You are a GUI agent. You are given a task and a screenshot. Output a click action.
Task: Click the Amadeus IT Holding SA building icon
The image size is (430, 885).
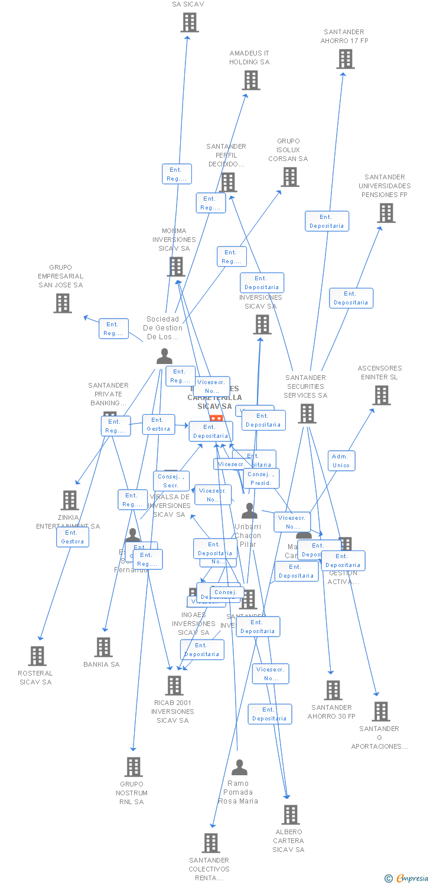click(x=251, y=80)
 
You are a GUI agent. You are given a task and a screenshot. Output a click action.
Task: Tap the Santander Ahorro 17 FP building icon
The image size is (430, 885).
click(x=346, y=59)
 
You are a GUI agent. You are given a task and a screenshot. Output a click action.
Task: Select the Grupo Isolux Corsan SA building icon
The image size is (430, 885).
click(x=289, y=176)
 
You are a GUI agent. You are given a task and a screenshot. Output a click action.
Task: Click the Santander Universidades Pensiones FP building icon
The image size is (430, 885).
click(x=386, y=213)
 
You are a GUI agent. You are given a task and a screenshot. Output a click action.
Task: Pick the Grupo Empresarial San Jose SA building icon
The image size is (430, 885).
click(x=63, y=303)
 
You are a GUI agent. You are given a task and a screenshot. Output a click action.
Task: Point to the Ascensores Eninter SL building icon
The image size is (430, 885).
click(x=382, y=395)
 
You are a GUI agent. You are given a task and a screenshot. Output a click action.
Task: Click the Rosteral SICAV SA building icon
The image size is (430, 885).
click(x=37, y=655)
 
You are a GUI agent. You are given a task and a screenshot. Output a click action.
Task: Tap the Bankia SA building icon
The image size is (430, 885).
click(x=103, y=647)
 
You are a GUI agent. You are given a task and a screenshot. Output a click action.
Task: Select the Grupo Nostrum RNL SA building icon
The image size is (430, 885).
click(x=133, y=767)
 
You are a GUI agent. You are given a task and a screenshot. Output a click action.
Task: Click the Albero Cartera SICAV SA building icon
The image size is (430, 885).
click(x=290, y=815)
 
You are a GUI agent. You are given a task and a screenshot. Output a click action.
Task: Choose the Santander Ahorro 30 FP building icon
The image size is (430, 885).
click(x=333, y=690)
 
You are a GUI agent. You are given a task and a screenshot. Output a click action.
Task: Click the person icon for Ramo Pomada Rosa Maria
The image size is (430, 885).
click(x=239, y=768)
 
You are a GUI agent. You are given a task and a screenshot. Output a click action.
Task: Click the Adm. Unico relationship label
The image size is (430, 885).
click(x=341, y=461)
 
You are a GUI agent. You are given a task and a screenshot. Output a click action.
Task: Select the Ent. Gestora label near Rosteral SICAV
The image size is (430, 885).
click(x=73, y=537)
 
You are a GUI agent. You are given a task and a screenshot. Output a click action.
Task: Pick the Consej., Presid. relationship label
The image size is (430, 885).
click(x=260, y=478)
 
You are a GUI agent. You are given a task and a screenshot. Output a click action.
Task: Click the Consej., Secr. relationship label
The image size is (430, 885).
click(x=171, y=481)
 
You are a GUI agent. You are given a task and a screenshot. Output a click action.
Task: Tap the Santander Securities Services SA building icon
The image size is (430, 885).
click(x=307, y=414)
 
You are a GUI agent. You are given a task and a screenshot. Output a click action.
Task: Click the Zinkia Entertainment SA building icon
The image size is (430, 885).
click(x=70, y=500)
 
